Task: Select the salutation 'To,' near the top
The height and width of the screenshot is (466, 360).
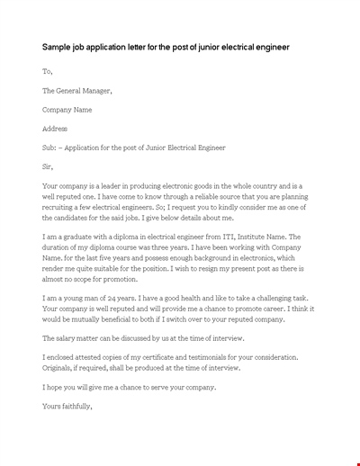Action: pos(48,71)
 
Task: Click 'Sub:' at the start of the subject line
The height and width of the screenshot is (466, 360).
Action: pos(49,148)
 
